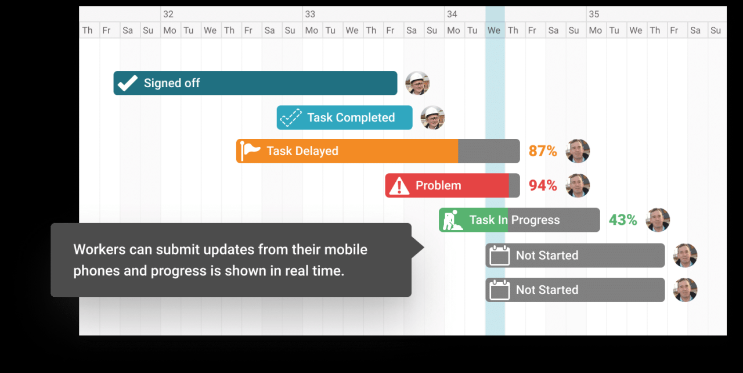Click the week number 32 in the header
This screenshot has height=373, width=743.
[168, 15]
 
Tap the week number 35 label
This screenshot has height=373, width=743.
[594, 15]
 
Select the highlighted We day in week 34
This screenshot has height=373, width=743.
[494, 31]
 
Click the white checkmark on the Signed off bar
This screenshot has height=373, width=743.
[128, 83]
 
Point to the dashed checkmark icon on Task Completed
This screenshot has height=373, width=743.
[291, 117]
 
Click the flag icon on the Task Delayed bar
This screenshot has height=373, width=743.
[250, 151]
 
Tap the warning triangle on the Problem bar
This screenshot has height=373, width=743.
[399, 185]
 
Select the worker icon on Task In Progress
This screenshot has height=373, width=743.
[452, 220]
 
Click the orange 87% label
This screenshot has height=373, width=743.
[543, 151]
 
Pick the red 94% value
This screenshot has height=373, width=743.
[543, 185]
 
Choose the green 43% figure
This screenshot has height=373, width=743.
[623, 220]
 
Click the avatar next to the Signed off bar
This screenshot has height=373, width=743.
[417, 83]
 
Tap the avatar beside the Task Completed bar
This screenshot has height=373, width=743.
[433, 117]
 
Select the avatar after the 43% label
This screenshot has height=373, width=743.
[658, 220]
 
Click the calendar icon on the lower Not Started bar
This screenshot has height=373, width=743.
[500, 290]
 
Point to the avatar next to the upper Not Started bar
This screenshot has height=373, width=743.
[685, 256]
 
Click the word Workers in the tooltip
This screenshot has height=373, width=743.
[99, 250]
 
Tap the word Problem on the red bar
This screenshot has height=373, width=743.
[438, 185]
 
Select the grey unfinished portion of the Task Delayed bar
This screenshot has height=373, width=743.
[489, 151]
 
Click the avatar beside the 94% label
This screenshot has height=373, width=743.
[578, 185]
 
